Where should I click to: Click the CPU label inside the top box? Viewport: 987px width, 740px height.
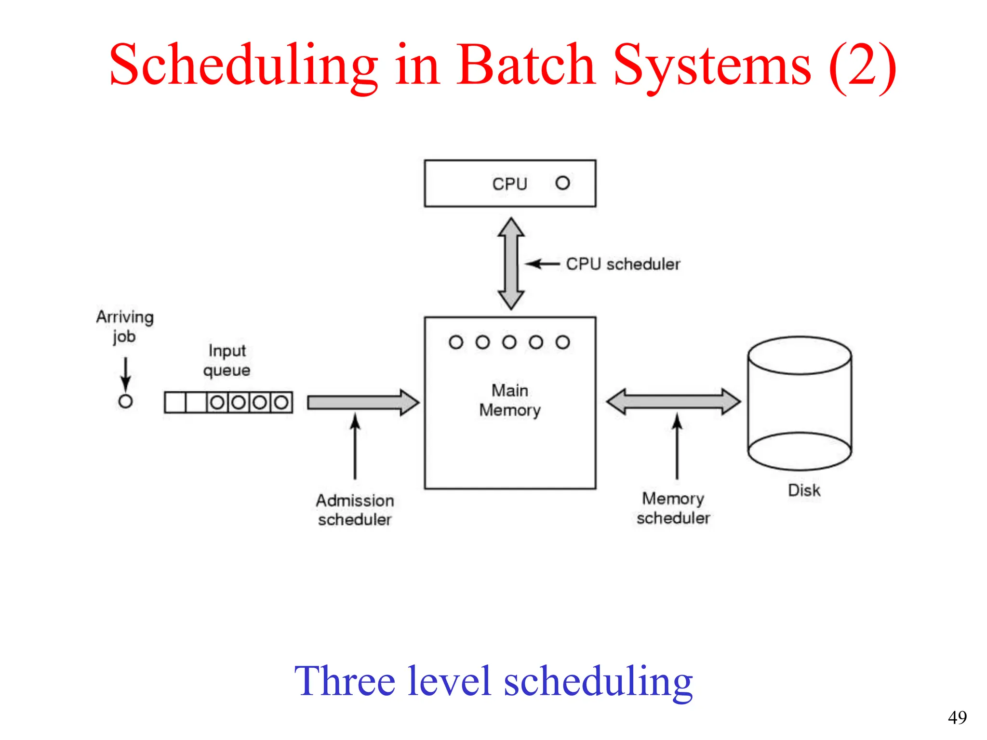[509, 184]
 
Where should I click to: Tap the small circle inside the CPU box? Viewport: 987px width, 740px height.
[562, 183]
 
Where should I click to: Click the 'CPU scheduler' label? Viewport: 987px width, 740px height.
[623, 264]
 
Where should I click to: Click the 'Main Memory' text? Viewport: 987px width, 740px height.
[510, 400]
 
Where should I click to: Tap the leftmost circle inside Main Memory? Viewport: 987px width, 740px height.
[456, 343]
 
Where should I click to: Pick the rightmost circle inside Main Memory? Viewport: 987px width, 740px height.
[562, 343]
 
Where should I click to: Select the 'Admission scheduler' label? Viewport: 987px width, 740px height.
[355, 510]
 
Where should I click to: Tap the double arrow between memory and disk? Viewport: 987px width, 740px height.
[673, 402]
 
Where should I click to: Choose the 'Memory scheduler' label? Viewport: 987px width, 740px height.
[673, 508]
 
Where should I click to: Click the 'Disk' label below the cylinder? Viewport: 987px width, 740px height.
[803, 490]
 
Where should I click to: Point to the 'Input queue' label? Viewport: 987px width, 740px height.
[227, 360]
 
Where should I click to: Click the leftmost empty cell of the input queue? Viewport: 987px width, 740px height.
[175, 402]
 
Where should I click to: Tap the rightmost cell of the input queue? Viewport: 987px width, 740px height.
[281, 402]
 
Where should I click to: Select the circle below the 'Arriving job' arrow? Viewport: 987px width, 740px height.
[125, 401]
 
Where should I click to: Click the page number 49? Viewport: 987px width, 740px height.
[957, 717]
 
